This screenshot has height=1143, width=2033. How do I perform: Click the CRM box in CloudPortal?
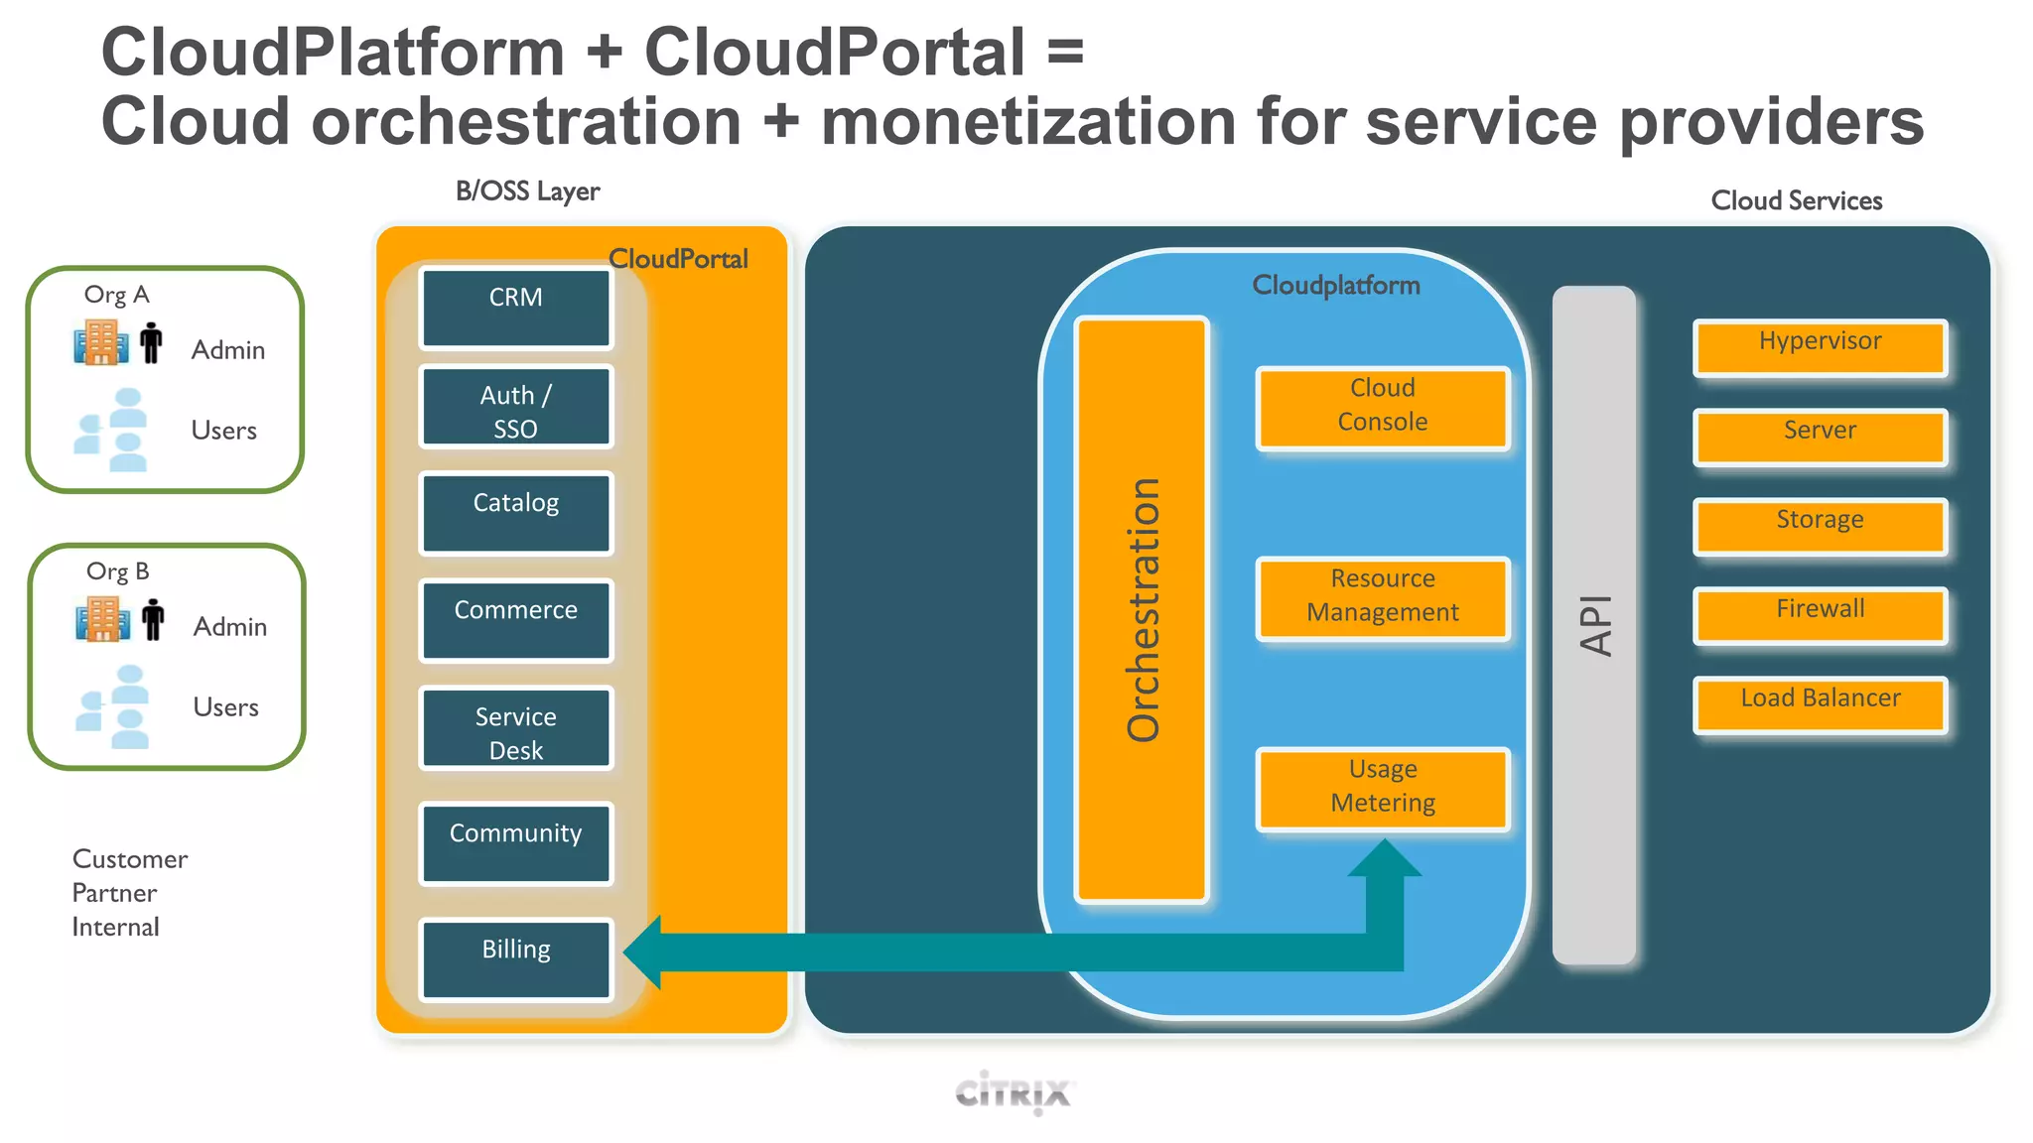click(x=515, y=308)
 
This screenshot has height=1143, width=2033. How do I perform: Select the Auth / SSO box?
click(x=515, y=407)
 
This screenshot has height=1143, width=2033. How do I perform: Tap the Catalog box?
click(x=515, y=513)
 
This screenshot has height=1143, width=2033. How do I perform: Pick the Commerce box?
click(x=515, y=620)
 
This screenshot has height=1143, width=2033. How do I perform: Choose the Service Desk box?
click(x=515, y=728)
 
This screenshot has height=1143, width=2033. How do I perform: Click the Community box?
click(x=515, y=843)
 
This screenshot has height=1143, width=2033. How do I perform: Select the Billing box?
click(x=515, y=958)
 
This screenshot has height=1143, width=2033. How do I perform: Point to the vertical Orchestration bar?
click(x=1142, y=609)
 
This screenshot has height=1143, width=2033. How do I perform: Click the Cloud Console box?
click(x=1382, y=408)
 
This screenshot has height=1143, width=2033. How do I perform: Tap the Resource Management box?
click(x=1382, y=598)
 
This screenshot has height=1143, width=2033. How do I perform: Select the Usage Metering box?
click(x=1382, y=789)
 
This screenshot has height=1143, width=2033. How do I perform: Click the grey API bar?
click(x=1593, y=625)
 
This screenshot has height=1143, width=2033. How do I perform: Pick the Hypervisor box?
click(x=1820, y=347)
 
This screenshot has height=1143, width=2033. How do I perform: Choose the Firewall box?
click(x=1820, y=615)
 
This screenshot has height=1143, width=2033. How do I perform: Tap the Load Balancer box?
click(x=1820, y=704)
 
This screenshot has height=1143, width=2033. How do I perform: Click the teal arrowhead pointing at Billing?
click(x=645, y=952)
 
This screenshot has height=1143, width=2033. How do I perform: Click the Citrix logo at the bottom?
click(x=1013, y=1093)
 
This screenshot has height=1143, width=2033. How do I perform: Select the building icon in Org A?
click(x=100, y=342)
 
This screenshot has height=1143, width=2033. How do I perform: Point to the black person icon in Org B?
click(x=153, y=619)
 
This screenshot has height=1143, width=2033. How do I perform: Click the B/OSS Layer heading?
click(x=527, y=191)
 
